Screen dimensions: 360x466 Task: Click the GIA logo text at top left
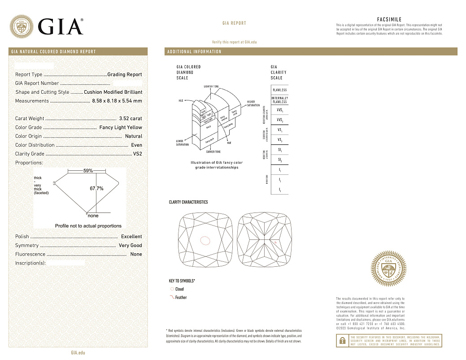point(61,26)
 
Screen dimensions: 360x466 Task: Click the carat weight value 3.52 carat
point(130,119)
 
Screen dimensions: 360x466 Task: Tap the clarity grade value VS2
point(137,154)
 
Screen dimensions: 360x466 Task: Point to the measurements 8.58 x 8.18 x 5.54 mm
point(117,101)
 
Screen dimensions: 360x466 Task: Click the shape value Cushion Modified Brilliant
point(113,92)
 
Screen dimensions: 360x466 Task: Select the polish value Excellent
point(131,236)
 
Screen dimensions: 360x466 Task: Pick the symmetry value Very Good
point(130,245)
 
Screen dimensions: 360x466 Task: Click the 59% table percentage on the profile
point(88,171)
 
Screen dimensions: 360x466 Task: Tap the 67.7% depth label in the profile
point(96,189)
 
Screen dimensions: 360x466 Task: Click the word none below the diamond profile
point(93,216)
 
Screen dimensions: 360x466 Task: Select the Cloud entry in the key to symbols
point(179,289)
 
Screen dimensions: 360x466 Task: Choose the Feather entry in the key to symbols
point(181,298)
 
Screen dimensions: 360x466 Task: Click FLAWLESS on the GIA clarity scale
point(279,90)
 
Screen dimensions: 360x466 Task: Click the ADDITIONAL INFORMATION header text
point(194,52)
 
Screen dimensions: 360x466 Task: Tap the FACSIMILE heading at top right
point(389,20)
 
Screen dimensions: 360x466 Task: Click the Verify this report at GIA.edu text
point(234,42)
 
